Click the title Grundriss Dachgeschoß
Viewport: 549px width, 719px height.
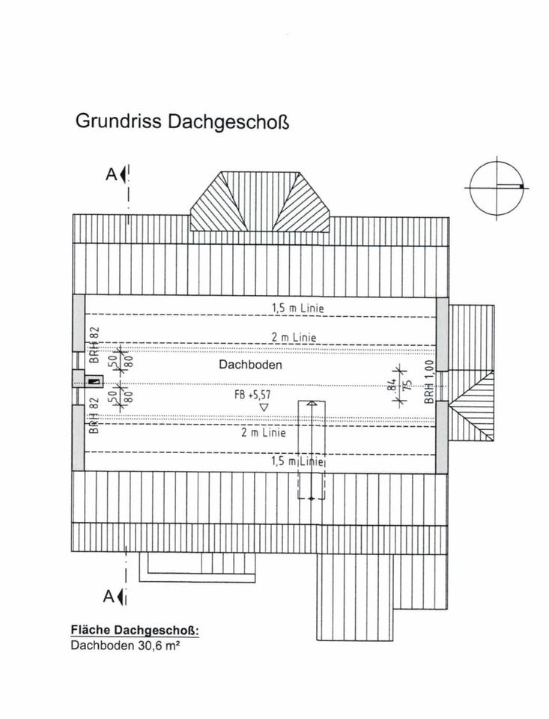(182, 122)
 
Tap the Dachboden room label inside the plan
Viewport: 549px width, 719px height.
(250, 365)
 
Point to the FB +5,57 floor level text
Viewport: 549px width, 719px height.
(252, 395)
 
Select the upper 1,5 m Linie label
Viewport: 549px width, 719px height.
(298, 308)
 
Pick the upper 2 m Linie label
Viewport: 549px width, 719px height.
(294, 338)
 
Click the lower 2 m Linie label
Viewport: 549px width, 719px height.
(263, 432)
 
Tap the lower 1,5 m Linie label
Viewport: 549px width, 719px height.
(298, 461)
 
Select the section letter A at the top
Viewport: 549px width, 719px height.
(112, 175)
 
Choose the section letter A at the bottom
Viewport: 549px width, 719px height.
(109, 597)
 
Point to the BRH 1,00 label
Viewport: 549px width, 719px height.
(429, 381)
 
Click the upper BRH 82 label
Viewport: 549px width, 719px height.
(94, 345)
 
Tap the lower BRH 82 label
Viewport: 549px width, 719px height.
(94, 416)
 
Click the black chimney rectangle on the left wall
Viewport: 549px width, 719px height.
(94, 381)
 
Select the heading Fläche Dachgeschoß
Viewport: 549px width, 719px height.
(135, 630)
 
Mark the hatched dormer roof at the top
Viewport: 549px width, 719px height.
(261, 201)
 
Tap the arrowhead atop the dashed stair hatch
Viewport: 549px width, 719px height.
(312, 404)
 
